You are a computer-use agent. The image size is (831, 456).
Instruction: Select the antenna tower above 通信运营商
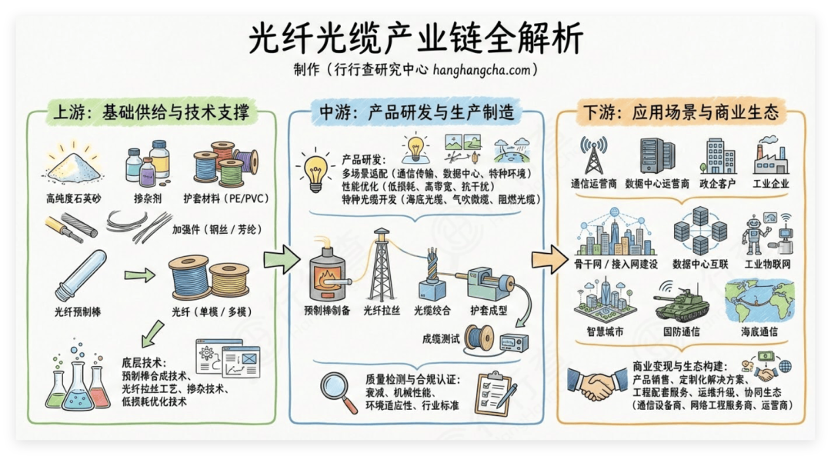click(x=593, y=156)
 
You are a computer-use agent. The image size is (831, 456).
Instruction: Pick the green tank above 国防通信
click(x=682, y=302)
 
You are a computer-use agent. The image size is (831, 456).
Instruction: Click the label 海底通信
click(x=759, y=331)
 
